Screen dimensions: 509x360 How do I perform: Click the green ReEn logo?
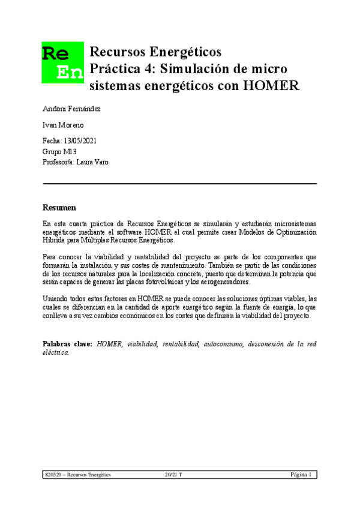62,62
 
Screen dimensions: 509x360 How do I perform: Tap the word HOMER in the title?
271,85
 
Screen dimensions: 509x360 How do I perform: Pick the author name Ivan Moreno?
63,125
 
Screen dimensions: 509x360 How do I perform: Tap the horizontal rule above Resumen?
180,183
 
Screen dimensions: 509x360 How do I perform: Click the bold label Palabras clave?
67,344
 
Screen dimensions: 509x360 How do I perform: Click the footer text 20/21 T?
173,475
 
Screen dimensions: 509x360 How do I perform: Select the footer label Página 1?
301,475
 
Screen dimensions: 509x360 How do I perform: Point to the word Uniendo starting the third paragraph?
55,299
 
